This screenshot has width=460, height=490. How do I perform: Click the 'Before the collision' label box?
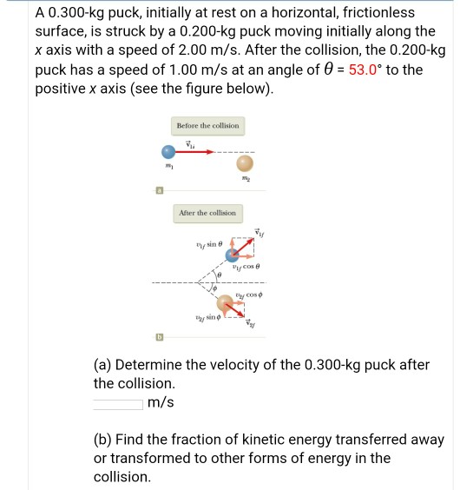coord(207,126)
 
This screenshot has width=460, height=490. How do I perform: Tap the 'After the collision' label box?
coord(207,213)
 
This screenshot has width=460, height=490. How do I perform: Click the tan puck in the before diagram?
coord(246,164)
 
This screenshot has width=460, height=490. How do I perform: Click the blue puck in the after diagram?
coord(233,255)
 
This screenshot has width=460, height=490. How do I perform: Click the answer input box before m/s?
coord(118,402)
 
